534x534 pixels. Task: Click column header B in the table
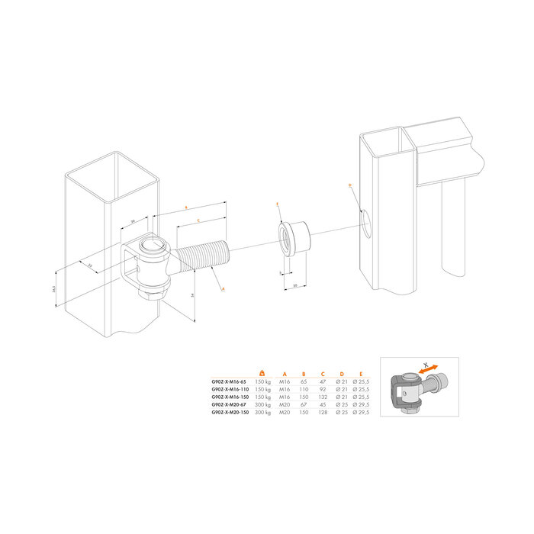303,373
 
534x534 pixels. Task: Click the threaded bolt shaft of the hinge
202,257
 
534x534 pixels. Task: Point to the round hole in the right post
367,223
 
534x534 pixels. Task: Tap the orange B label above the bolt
186,207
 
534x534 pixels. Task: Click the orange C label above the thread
198,220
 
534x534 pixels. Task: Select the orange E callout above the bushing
278,204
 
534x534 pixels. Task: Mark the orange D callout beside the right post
349,185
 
